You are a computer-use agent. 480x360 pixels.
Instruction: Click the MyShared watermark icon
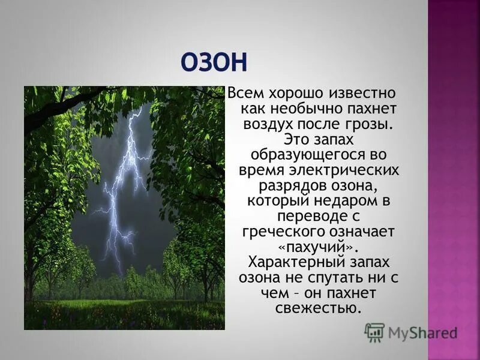pyautogui.click(x=374, y=332)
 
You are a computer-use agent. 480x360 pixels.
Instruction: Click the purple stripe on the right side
pyautogui.click(x=454, y=180)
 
